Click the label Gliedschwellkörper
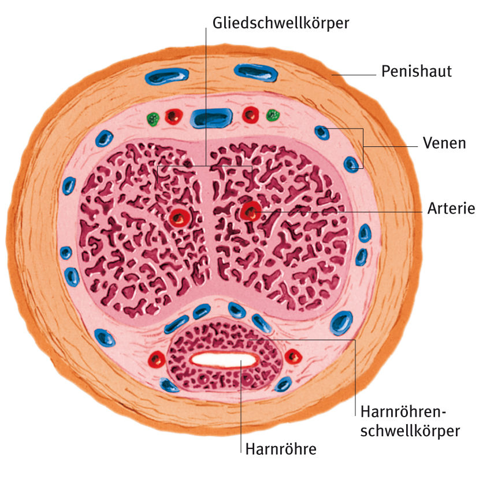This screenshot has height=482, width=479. [281, 23]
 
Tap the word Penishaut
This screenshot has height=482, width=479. [416, 72]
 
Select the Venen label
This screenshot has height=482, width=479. [444, 142]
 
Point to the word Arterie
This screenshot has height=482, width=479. [451, 209]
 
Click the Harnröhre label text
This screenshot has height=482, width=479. [281, 449]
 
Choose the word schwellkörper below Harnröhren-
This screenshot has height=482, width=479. [410, 431]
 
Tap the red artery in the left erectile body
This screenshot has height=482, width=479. [180, 218]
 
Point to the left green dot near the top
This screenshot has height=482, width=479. [153, 120]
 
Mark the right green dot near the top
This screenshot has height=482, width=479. [272, 116]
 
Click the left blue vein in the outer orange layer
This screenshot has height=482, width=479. [167, 76]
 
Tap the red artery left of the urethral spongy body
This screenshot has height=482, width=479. [156, 359]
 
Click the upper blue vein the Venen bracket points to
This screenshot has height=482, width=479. [321, 133]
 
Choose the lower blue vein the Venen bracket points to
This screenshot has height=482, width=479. [351, 164]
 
